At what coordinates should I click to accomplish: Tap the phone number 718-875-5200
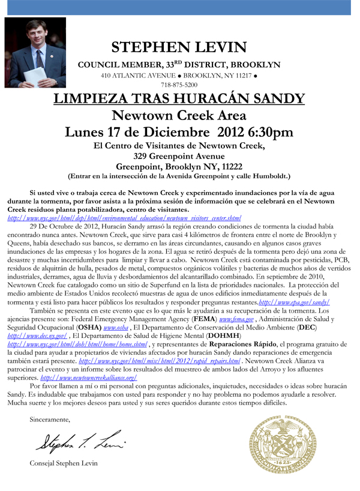pos(179,85)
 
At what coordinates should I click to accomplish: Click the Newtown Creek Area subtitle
pos(179,115)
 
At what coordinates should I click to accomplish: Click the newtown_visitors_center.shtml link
pos(124,218)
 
